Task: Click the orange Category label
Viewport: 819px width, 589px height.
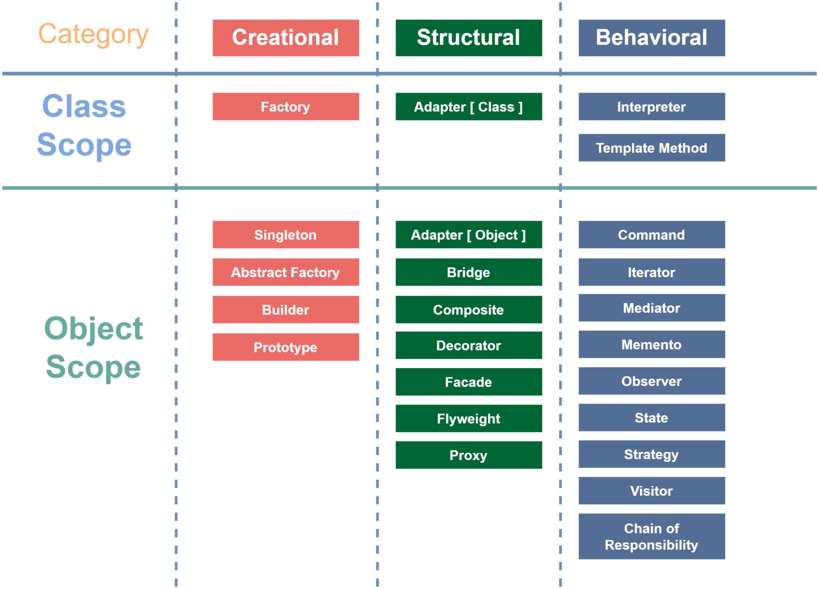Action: click(93, 35)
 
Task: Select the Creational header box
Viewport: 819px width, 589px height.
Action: click(286, 38)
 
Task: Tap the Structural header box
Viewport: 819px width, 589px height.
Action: click(469, 38)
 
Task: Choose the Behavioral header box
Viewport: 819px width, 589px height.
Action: click(651, 38)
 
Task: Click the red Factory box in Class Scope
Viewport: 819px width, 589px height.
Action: click(286, 107)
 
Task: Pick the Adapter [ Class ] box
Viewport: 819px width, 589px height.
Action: click(469, 107)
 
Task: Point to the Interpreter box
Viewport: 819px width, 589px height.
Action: click(651, 107)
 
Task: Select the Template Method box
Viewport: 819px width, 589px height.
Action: click(651, 148)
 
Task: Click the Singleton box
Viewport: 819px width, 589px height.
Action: click(286, 235)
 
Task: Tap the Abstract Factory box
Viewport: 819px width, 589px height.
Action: click(286, 272)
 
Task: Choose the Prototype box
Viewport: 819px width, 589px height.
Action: click(286, 347)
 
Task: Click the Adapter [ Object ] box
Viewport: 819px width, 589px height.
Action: click(469, 235)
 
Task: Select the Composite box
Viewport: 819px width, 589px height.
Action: click(469, 310)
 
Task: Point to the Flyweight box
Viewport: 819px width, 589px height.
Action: click(469, 418)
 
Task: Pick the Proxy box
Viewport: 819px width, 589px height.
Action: click(469, 455)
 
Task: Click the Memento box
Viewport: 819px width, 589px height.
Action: click(651, 344)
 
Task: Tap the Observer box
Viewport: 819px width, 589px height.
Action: click(651, 381)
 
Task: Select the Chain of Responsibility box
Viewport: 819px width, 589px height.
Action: click(651, 536)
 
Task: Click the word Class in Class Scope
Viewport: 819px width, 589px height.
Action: click(84, 106)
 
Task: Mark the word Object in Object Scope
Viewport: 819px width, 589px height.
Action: click(94, 328)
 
